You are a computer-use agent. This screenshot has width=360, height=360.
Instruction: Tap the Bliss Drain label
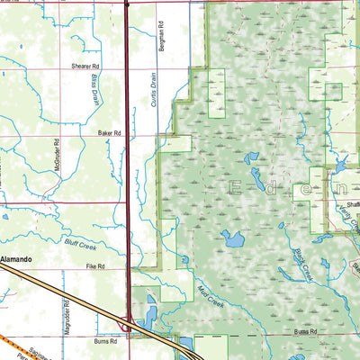[x=93, y=89]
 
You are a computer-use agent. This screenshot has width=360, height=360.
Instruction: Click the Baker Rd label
[x=109, y=132]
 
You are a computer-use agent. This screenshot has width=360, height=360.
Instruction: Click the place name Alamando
[x=16, y=259]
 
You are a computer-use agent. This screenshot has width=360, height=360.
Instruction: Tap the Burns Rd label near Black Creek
[x=305, y=332]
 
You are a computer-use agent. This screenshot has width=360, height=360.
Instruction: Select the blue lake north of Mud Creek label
[x=233, y=239]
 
